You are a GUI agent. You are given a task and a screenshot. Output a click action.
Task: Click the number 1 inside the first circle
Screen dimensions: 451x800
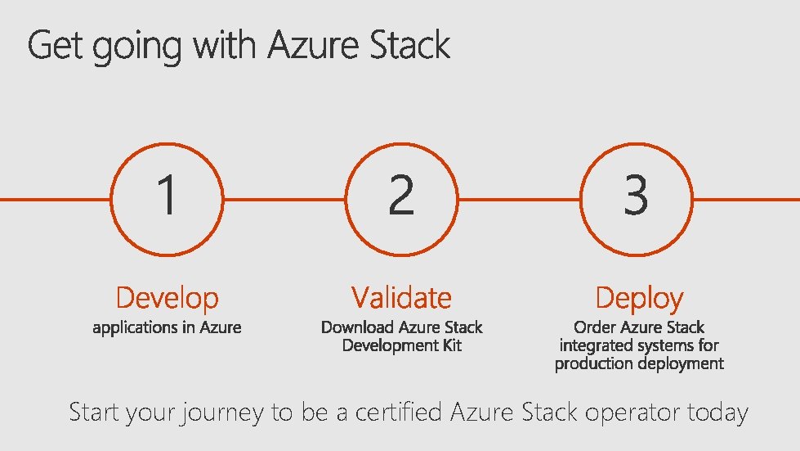click(167, 196)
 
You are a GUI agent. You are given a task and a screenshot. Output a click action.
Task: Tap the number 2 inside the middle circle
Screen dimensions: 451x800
click(401, 196)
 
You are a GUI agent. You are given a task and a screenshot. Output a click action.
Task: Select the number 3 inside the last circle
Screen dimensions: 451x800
click(636, 196)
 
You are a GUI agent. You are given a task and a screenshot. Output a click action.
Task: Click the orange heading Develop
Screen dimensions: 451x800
click(168, 298)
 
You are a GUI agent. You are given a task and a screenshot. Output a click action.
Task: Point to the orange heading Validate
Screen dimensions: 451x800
click(401, 297)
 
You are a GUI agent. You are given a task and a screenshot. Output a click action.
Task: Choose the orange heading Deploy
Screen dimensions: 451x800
click(639, 299)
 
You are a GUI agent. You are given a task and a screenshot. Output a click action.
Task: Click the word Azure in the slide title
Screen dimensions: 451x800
click(315, 45)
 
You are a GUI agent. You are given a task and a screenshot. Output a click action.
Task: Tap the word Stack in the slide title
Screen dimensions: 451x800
click(410, 45)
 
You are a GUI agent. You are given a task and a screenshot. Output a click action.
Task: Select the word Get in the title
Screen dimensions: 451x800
click(56, 47)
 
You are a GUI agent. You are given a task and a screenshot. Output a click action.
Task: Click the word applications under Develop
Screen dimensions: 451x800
click(133, 328)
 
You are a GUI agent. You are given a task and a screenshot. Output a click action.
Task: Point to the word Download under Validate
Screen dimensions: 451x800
click(357, 327)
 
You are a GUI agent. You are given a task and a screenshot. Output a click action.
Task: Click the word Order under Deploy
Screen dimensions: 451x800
click(595, 327)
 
